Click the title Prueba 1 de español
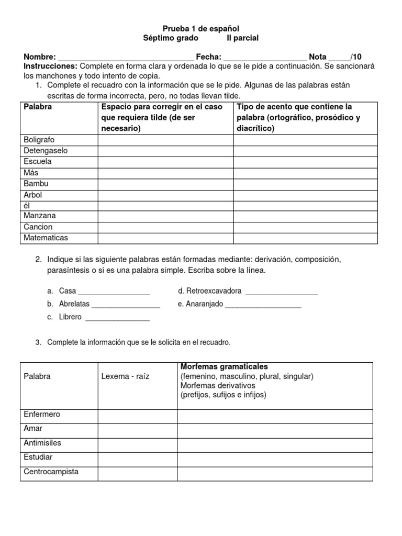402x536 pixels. click(200, 28)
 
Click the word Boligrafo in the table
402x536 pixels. click(39, 140)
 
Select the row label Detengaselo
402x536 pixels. click(46, 151)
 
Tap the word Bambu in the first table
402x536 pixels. click(36, 184)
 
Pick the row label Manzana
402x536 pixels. click(40, 216)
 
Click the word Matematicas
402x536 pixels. click(46, 238)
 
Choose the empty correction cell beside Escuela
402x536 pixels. click(165, 162)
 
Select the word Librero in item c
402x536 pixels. click(70, 317)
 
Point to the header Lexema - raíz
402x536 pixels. click(125, 376)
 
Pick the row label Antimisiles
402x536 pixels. click(42, 443)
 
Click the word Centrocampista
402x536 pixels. click(51, 472)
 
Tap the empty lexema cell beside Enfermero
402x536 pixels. click(137, 416)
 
